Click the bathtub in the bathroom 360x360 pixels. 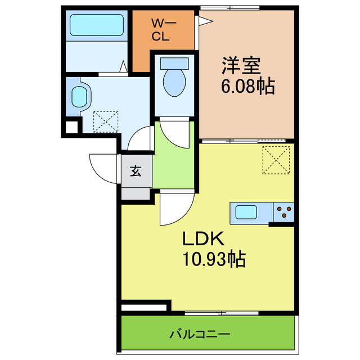point(96,25)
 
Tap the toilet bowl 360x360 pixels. point(173,80)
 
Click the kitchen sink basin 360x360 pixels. point(246,213)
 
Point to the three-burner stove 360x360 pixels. point(284,212)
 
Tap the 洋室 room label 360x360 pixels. point(240,67)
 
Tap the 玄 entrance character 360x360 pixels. point(136,172)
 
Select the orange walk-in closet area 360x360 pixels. point(163,39)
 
